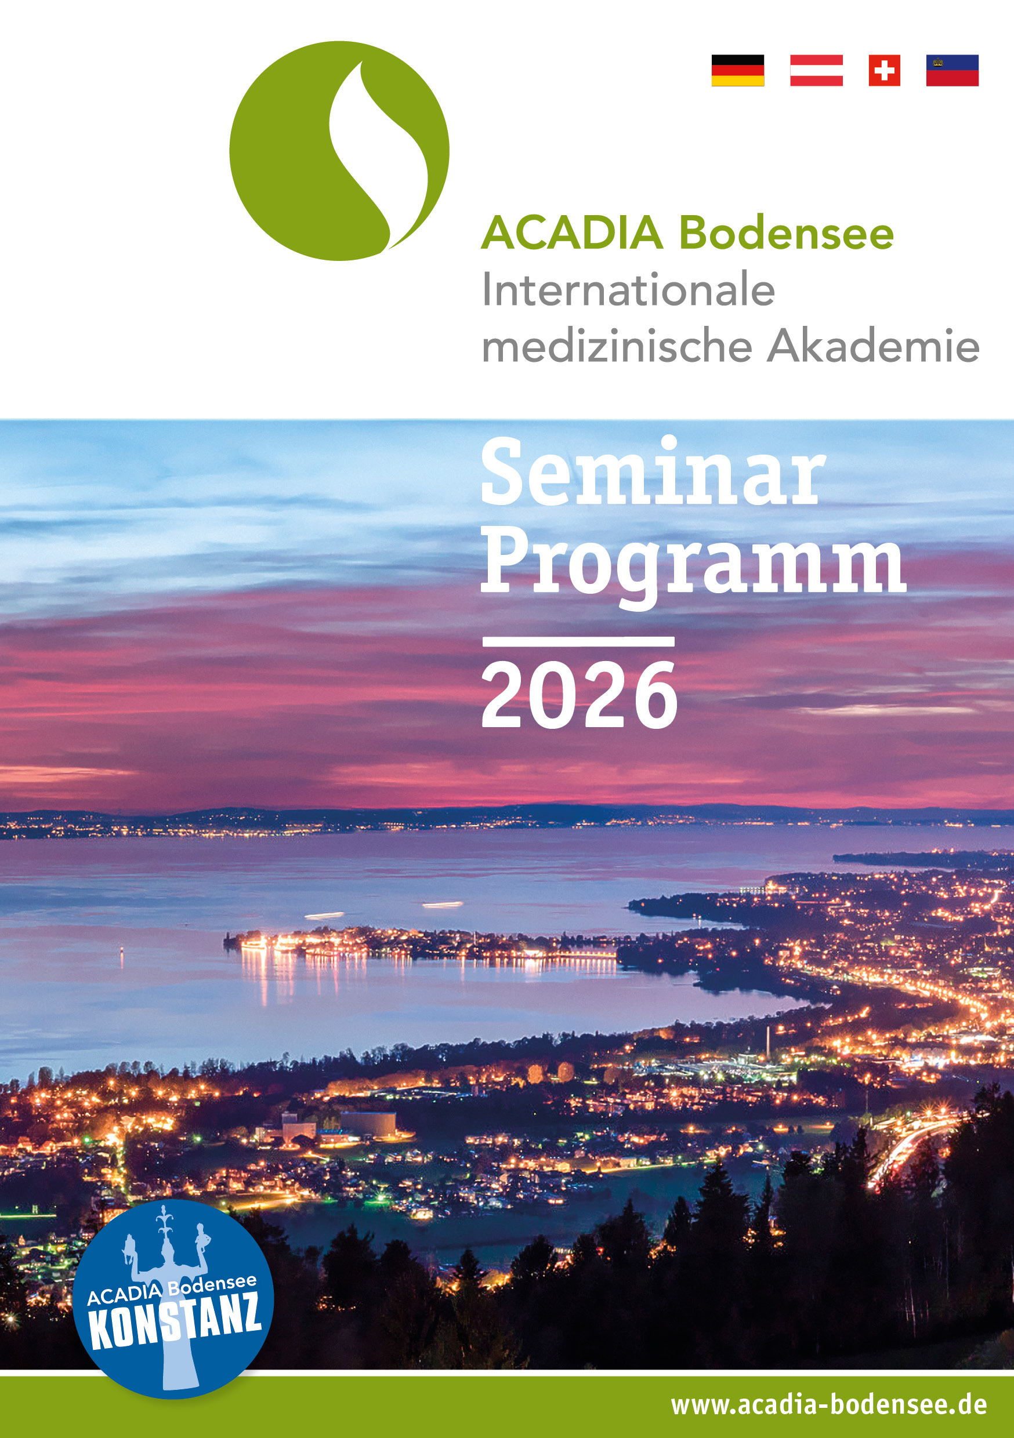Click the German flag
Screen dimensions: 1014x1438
(738, 70)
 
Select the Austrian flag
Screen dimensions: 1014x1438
(816, 70)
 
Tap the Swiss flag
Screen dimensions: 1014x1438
(884, 70)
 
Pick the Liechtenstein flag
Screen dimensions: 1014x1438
(952, 70)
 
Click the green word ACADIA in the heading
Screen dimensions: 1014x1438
(572, 233)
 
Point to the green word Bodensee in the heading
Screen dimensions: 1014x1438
(787, 233)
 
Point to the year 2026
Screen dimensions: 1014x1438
(579, 696)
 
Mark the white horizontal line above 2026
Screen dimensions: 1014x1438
(578, 641)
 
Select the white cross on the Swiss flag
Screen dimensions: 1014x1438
(884, 70)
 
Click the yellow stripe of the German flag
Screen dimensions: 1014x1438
(738, 81)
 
